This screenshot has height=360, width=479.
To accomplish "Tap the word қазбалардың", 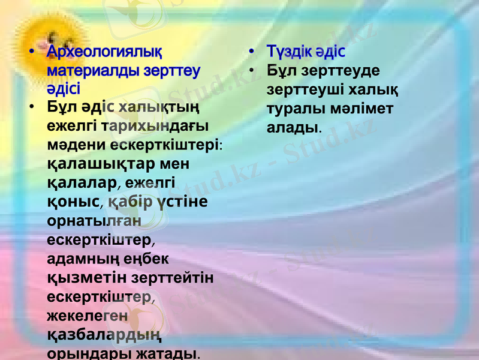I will coord(103,334).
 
